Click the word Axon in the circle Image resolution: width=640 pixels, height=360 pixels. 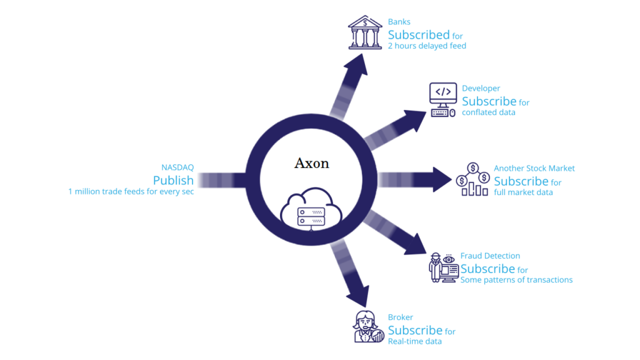[312, 163]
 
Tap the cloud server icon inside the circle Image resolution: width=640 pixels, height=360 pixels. [311, 209]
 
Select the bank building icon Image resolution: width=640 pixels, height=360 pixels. [365, 32]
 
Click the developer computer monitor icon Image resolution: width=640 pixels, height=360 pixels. [443, 100]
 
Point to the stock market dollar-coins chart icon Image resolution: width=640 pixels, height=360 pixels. [473, 179]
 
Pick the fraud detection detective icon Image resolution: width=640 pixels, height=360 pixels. [444, 267]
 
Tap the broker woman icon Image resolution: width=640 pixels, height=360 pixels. [368, 326]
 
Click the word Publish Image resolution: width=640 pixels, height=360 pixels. [173, 180]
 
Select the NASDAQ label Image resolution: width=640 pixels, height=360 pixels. [177, 167]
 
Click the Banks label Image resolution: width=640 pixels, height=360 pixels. [399, 22]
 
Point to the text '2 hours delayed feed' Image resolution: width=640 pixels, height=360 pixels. [427, 46]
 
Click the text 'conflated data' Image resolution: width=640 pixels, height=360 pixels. [489, 112]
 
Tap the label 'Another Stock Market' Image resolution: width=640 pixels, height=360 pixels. [534, 168]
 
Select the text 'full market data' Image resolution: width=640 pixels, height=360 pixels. [523, 192]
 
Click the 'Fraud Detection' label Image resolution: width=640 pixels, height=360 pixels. [490, 256]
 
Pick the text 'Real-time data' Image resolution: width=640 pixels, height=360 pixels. [415, 341]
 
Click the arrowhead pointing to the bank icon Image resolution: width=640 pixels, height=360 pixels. [357, 65]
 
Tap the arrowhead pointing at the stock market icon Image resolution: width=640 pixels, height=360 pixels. [442, 179]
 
